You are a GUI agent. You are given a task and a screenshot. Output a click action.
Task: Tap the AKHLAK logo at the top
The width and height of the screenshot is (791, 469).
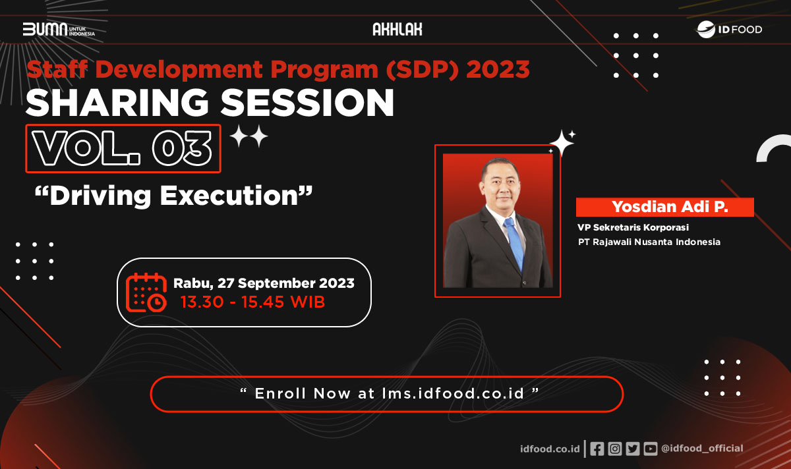click(x=397, y=30)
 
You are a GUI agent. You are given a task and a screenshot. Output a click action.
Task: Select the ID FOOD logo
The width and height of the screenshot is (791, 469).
click(x=729, y=30)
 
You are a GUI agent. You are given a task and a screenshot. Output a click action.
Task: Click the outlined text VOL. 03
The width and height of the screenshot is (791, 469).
click(x=123, y=149)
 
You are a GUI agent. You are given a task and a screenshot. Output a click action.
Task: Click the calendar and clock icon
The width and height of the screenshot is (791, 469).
click(x=146, y=292)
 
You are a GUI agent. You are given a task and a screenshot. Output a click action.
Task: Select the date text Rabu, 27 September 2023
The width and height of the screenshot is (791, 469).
click(x=264, y=283)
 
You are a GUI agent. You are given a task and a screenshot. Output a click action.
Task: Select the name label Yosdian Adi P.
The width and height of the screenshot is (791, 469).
click(x=664, y=207)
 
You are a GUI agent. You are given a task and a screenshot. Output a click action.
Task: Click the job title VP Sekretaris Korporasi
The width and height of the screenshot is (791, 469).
click(x=633, y=228)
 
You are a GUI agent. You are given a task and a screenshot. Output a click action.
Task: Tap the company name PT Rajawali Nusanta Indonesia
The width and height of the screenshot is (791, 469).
click(x=649, y=242)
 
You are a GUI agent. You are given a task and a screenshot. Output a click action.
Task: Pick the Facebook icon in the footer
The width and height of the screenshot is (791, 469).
click(x=597, y=449)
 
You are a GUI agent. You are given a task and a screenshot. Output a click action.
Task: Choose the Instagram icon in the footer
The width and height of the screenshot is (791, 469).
click(x=614, y=449)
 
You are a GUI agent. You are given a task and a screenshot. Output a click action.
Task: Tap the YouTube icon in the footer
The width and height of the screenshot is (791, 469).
click(x=650, y=449)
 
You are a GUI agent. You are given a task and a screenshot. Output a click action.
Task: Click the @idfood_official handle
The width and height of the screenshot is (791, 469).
click(x=702, y=449)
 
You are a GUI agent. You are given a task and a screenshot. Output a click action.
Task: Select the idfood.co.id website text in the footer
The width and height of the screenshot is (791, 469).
click(x=549, y=449)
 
